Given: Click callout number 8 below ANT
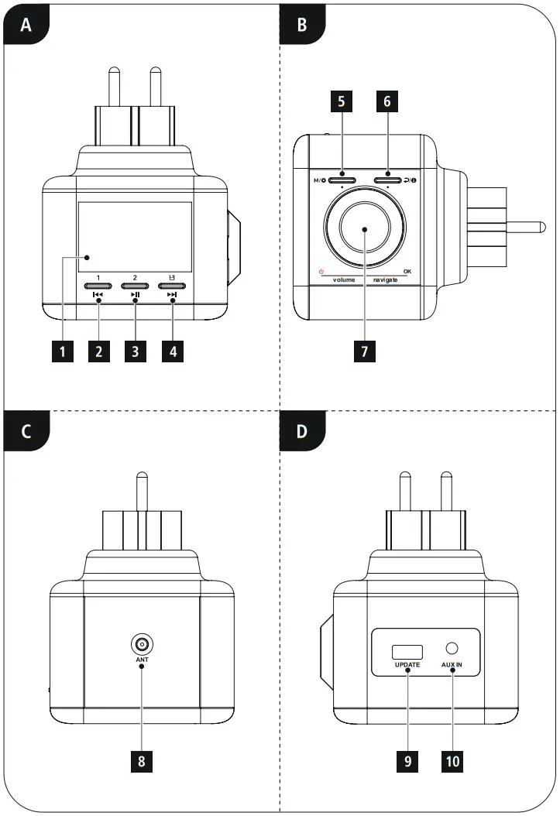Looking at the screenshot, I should pyautogui.click(x=141, y=759).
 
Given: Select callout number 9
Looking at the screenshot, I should pyautogui.click(x=409, y=759).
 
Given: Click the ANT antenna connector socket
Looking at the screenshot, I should pyautogui.click(x=141, y=643).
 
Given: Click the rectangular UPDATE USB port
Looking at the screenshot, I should pyautogui.click(x=407, y=650).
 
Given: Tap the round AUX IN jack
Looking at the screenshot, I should pyautogui.click(x=453, y=649).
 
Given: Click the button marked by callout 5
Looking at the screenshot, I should pyautogui.click(x=341, y=181).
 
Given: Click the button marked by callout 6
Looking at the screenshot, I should pyautogui.click(x=387, y=181).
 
